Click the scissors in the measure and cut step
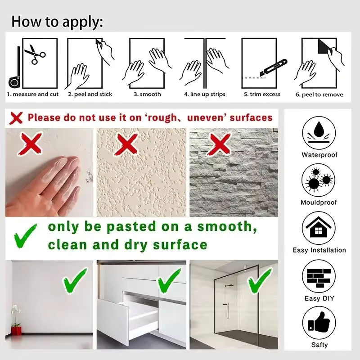35,54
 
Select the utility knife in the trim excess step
274,68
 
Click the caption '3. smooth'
148,94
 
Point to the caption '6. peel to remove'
319,94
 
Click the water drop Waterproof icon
319,133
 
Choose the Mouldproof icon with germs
318,180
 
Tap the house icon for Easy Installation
319,228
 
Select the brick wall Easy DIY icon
319,276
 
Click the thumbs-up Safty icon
319,323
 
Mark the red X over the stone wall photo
219,144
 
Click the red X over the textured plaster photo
127,144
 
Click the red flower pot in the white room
16,331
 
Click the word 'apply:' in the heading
83,22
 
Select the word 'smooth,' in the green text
227,227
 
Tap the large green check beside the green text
25,236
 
